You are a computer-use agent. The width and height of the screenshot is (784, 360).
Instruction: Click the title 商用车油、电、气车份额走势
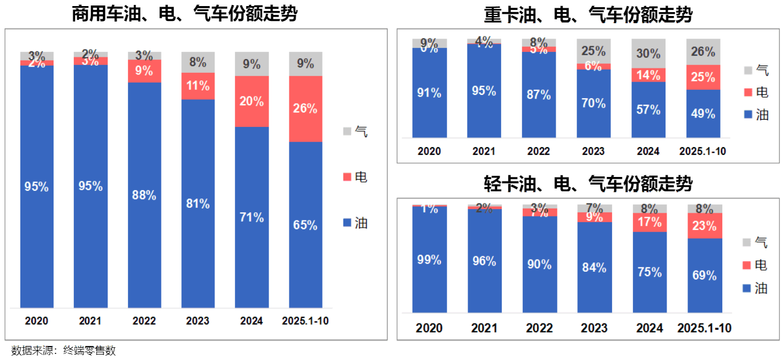point(185,14)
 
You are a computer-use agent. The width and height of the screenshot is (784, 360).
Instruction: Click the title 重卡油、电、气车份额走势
point(588,14)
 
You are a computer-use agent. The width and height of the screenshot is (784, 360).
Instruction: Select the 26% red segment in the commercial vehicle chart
point(305,109)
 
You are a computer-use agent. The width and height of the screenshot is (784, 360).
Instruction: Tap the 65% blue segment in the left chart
point(305,225)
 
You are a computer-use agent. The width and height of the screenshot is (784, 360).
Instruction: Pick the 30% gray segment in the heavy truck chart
point(648,53)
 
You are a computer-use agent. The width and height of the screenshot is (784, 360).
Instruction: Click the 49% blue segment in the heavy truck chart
point(703,114)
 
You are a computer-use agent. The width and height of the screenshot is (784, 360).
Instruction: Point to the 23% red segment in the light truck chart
point(704,226)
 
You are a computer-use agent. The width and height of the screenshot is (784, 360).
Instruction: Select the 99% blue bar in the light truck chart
point(429,260)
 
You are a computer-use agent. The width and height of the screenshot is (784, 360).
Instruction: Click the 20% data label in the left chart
point(251,101)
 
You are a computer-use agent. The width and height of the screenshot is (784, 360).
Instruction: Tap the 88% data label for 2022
point(144,195)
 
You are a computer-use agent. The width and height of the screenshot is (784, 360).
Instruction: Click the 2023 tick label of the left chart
point(198,321)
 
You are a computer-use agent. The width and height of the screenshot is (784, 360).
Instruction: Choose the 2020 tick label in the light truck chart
point(429,328)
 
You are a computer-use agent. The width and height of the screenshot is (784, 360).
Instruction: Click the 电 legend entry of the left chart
point(356,177)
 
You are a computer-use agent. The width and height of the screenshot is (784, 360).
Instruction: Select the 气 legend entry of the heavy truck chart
point(756,70)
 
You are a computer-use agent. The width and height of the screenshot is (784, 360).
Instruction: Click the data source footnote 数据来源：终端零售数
point(64,351)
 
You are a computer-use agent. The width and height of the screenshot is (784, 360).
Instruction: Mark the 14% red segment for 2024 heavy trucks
point(648,75)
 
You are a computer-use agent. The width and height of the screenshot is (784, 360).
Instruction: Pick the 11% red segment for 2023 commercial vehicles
point(198,86)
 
